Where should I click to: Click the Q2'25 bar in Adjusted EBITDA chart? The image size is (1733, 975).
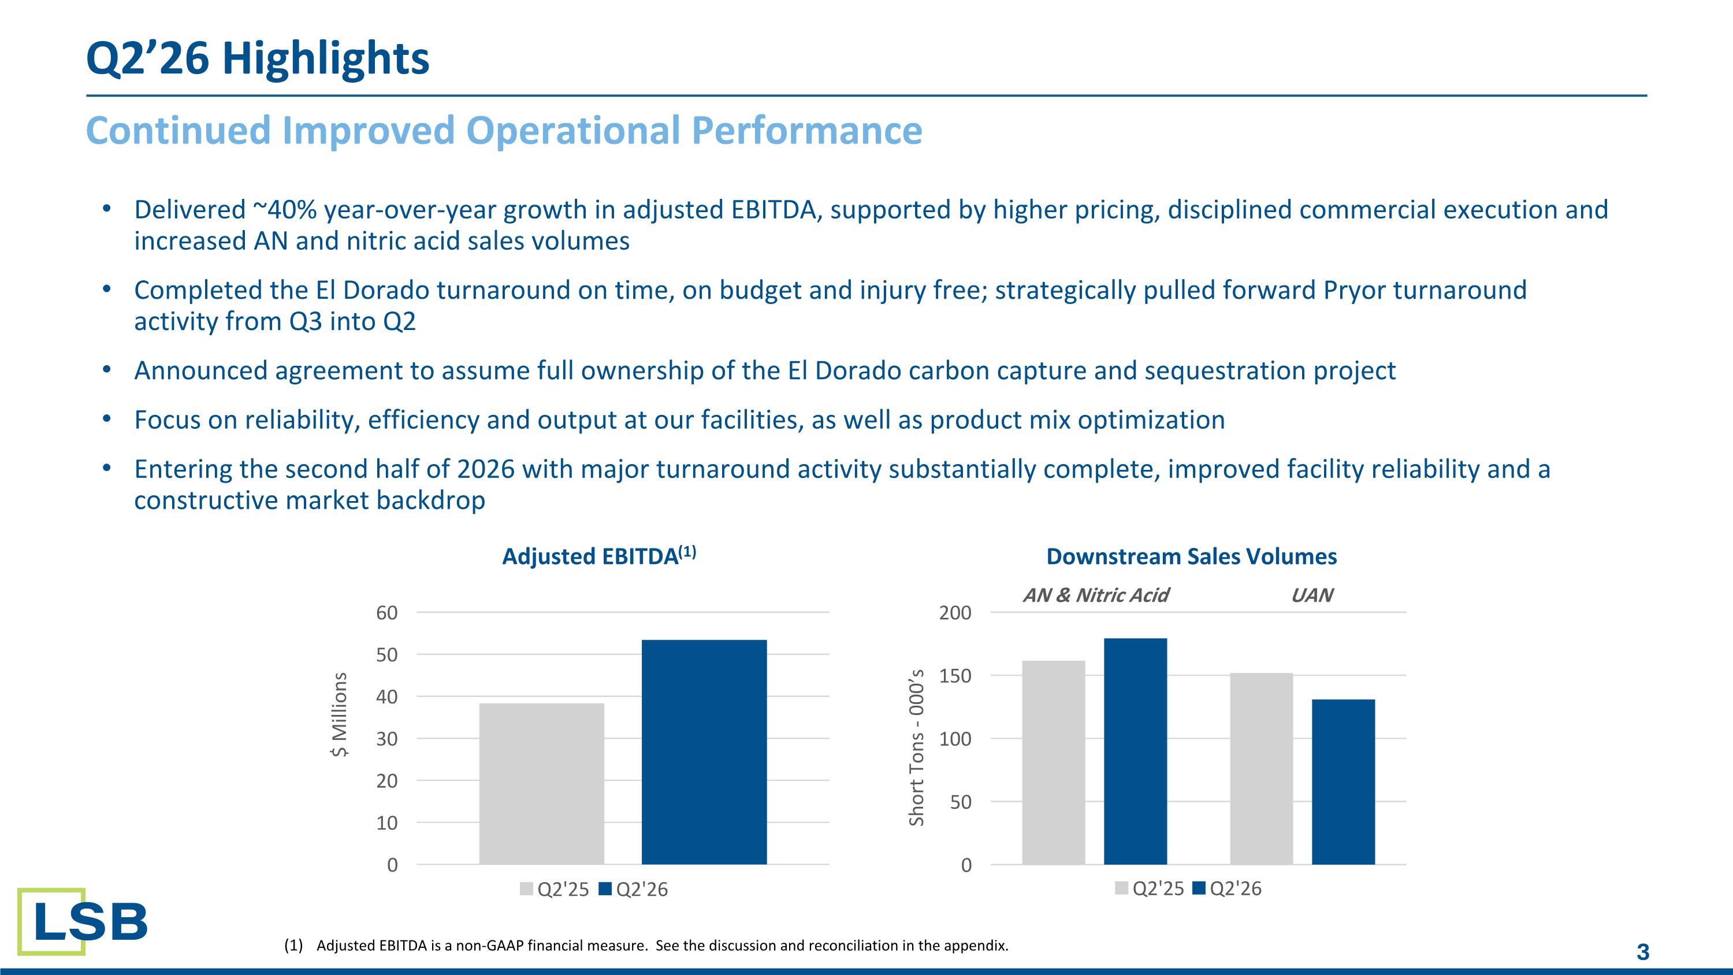542,784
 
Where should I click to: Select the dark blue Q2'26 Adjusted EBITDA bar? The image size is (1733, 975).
704,752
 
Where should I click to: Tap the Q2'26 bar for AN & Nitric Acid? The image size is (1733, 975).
1136,751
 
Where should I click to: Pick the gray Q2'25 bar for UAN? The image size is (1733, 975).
1262,769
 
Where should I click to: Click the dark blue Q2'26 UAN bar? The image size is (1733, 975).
1344,782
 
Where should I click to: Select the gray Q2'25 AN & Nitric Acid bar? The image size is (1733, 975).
1054,763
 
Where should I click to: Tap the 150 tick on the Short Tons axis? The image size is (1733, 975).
955,676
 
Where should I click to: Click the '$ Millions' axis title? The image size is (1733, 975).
340,714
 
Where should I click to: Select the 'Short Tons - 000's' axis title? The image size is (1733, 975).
916,747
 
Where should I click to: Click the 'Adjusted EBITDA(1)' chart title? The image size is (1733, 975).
598,556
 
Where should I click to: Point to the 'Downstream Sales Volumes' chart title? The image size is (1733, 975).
1191,557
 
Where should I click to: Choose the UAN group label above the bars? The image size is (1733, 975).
1312,595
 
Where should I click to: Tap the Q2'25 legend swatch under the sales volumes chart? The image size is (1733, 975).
1121,888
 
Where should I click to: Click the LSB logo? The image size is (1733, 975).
82,921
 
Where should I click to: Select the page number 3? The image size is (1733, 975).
1643,952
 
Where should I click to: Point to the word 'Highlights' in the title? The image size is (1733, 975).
326,58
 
